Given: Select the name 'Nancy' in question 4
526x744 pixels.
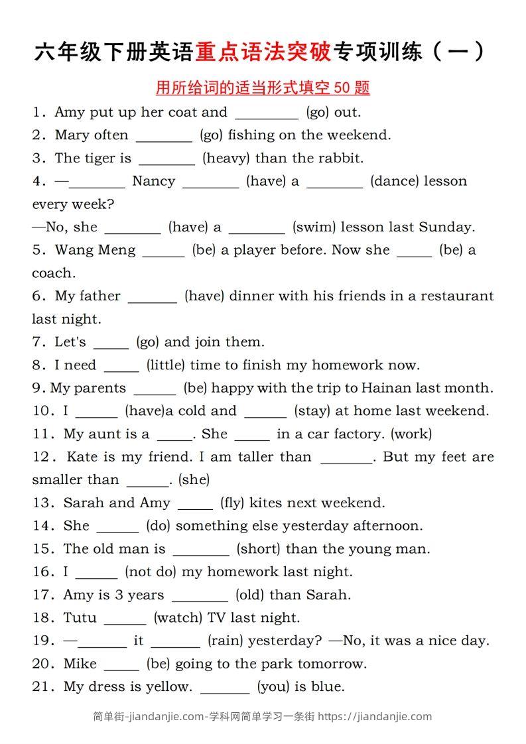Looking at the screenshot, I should pyautogui.click(x=153, y=181).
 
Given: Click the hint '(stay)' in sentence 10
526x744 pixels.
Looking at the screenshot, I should pyautogui.click(x=312, y=410).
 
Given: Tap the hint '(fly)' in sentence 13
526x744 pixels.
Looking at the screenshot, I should pyautogui.click(x=231, y=503).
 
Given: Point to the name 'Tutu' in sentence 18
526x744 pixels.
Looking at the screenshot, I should pyautogui.click(x=80, y=617).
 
